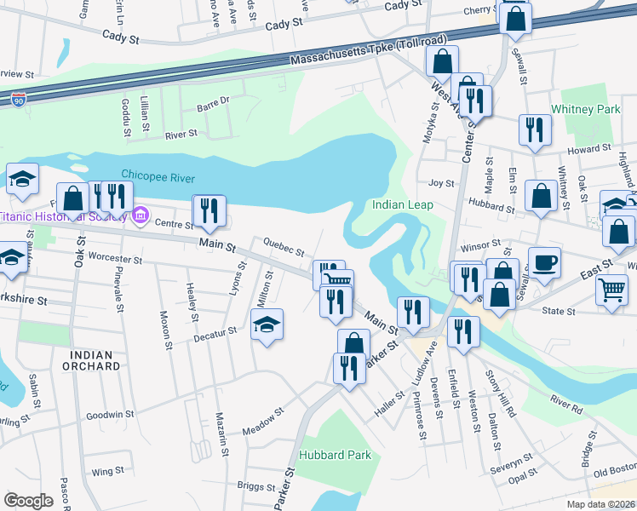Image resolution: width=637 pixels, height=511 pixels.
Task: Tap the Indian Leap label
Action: (x=403, y=205)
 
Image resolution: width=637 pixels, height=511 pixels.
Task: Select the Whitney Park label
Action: (x=585, y=110)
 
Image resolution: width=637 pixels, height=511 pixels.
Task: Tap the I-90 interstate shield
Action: (x=19, y=100)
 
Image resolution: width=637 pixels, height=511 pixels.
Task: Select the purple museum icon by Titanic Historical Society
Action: (x=141, y=213)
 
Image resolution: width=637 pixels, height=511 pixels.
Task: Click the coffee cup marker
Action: (x=544, y=261)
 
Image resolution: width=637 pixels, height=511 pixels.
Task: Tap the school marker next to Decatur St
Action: (x=267, y=324)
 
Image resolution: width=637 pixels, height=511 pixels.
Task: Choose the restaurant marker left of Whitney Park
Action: (x=535, y=129)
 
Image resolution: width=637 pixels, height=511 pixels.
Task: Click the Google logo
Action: (x=29, y=500)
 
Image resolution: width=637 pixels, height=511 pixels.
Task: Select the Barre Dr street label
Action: (x=213, y=100)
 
